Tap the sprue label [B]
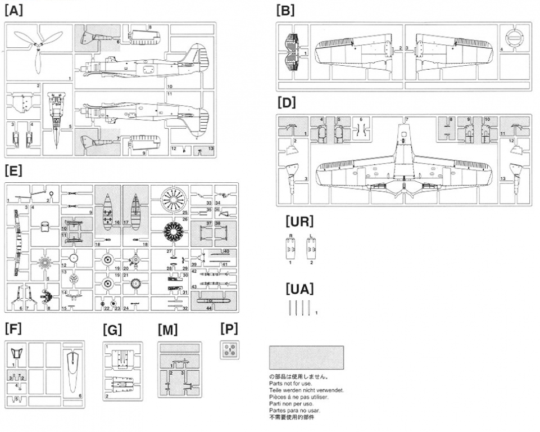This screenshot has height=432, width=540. (x=285, y=10)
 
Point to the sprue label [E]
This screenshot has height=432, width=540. (x=13, y=170)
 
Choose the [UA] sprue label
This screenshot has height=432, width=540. (x=299, y=289)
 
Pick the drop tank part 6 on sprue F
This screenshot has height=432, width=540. (x=72, y=373)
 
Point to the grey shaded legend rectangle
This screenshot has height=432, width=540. (x=306, y=357)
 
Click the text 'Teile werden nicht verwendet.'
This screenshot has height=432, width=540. (x=306, y=390)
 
